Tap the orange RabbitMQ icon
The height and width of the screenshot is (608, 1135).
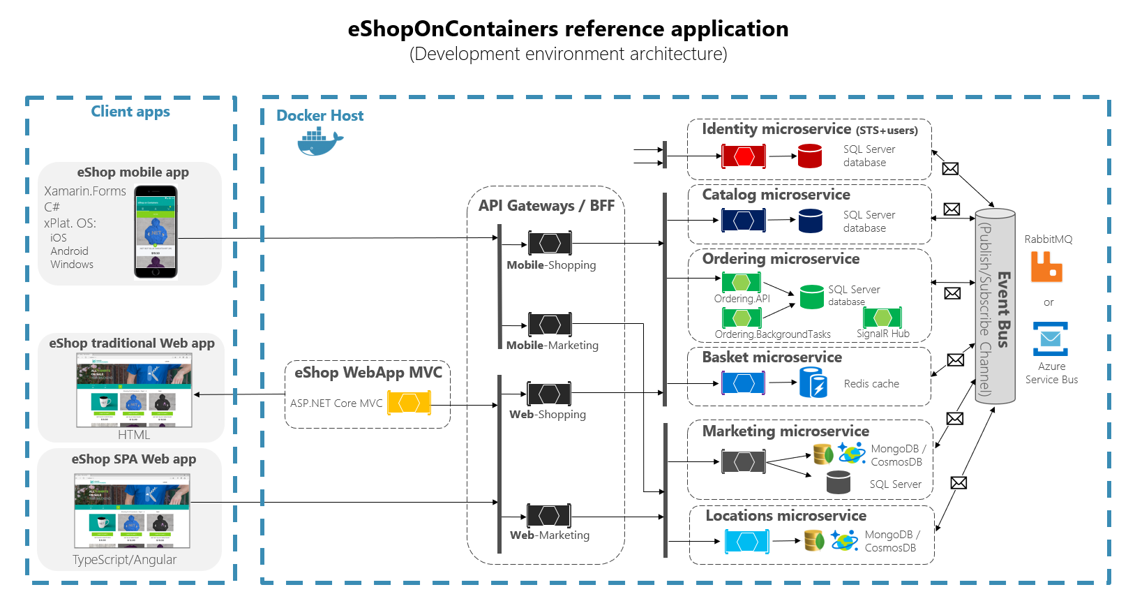coord(1046,267)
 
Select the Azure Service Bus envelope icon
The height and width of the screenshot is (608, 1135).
coord(1051,339)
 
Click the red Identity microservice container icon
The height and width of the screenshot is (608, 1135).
coord(744,156)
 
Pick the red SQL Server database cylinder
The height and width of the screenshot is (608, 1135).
coord(809,156)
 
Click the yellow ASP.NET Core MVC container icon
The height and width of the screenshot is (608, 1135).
coord(409,403)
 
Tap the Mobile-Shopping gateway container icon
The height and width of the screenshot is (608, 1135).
coord(550,243)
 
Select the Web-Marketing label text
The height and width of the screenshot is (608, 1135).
coord(550,535)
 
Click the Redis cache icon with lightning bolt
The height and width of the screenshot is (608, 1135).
coord(813,383)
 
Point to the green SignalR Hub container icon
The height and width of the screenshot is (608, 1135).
coord(882,318)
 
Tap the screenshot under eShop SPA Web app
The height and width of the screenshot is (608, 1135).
coord(132,510)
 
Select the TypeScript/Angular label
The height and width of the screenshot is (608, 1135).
coord(124,560)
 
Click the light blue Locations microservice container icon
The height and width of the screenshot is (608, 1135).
coord(747,541)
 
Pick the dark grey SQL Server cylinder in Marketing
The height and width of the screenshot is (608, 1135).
coord(838,482)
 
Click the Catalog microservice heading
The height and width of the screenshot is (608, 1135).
coord(776,195)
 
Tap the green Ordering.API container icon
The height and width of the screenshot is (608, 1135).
coord(742,282)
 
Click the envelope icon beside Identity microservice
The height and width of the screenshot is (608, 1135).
coord(950,169)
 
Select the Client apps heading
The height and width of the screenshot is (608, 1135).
coord(130,112)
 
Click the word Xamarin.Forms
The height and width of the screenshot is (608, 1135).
coord(85,191)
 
